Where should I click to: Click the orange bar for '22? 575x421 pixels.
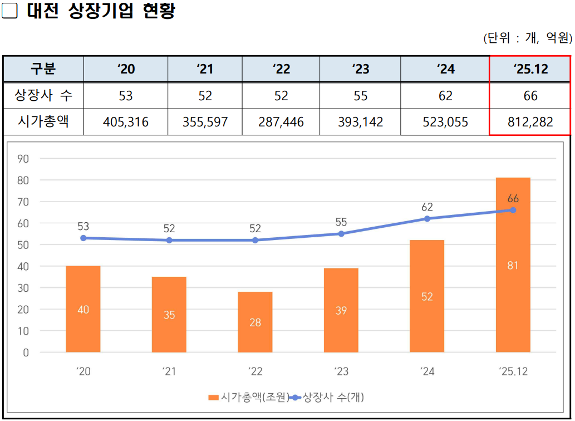click(255, 322)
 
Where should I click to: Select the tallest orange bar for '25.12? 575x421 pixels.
click(513, 265)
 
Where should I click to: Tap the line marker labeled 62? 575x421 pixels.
click(427, 219)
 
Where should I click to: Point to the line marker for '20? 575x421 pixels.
click(83, 238)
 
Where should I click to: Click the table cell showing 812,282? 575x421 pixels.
click(530, 122)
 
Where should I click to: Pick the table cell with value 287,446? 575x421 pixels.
click(281, 122)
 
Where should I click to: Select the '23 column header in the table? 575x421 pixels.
click(360, 69)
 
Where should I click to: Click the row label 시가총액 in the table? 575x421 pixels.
click(43, 122)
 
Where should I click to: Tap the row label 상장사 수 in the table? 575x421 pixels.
click(43, 96)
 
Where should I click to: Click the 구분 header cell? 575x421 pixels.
click(43, 69)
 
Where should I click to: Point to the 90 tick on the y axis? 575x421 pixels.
click(23, 159)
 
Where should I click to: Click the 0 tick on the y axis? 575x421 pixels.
click(26, 353)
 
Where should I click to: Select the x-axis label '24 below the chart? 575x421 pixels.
click(427, 371)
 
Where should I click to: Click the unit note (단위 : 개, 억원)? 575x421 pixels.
click(527, 38)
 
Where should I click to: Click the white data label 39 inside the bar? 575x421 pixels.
click(341, 311)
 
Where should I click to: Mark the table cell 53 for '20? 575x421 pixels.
click(126, 96)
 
